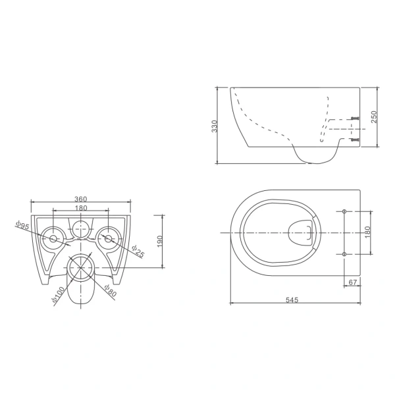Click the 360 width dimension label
(80, 199)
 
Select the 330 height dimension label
(215, 126)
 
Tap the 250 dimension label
(374, 117)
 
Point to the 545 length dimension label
(292, 300)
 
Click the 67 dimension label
(353, 282)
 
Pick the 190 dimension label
(160, 242)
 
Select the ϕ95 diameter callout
(22, 225)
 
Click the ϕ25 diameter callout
(138, 251)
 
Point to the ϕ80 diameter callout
(110, 290)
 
